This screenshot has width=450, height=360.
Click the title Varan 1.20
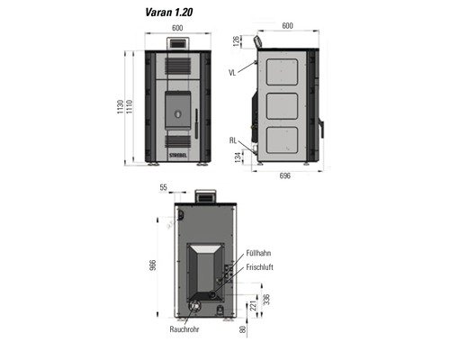(x=169, y=13)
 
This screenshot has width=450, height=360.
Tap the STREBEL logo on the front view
(x=178, y=155)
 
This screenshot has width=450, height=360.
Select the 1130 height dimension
(x=121, y=107)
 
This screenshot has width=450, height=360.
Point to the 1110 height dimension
(x=130, y=107)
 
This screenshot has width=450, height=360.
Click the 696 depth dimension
(x=285, y=175)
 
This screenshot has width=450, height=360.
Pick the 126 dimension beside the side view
(x=237, y=41)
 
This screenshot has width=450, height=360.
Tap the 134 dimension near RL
(x=238, y=157)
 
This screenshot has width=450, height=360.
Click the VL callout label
(x=232, y=73)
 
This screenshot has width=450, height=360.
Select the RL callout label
(x=233, y=140)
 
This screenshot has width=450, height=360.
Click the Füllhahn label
(x=258, y=253)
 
